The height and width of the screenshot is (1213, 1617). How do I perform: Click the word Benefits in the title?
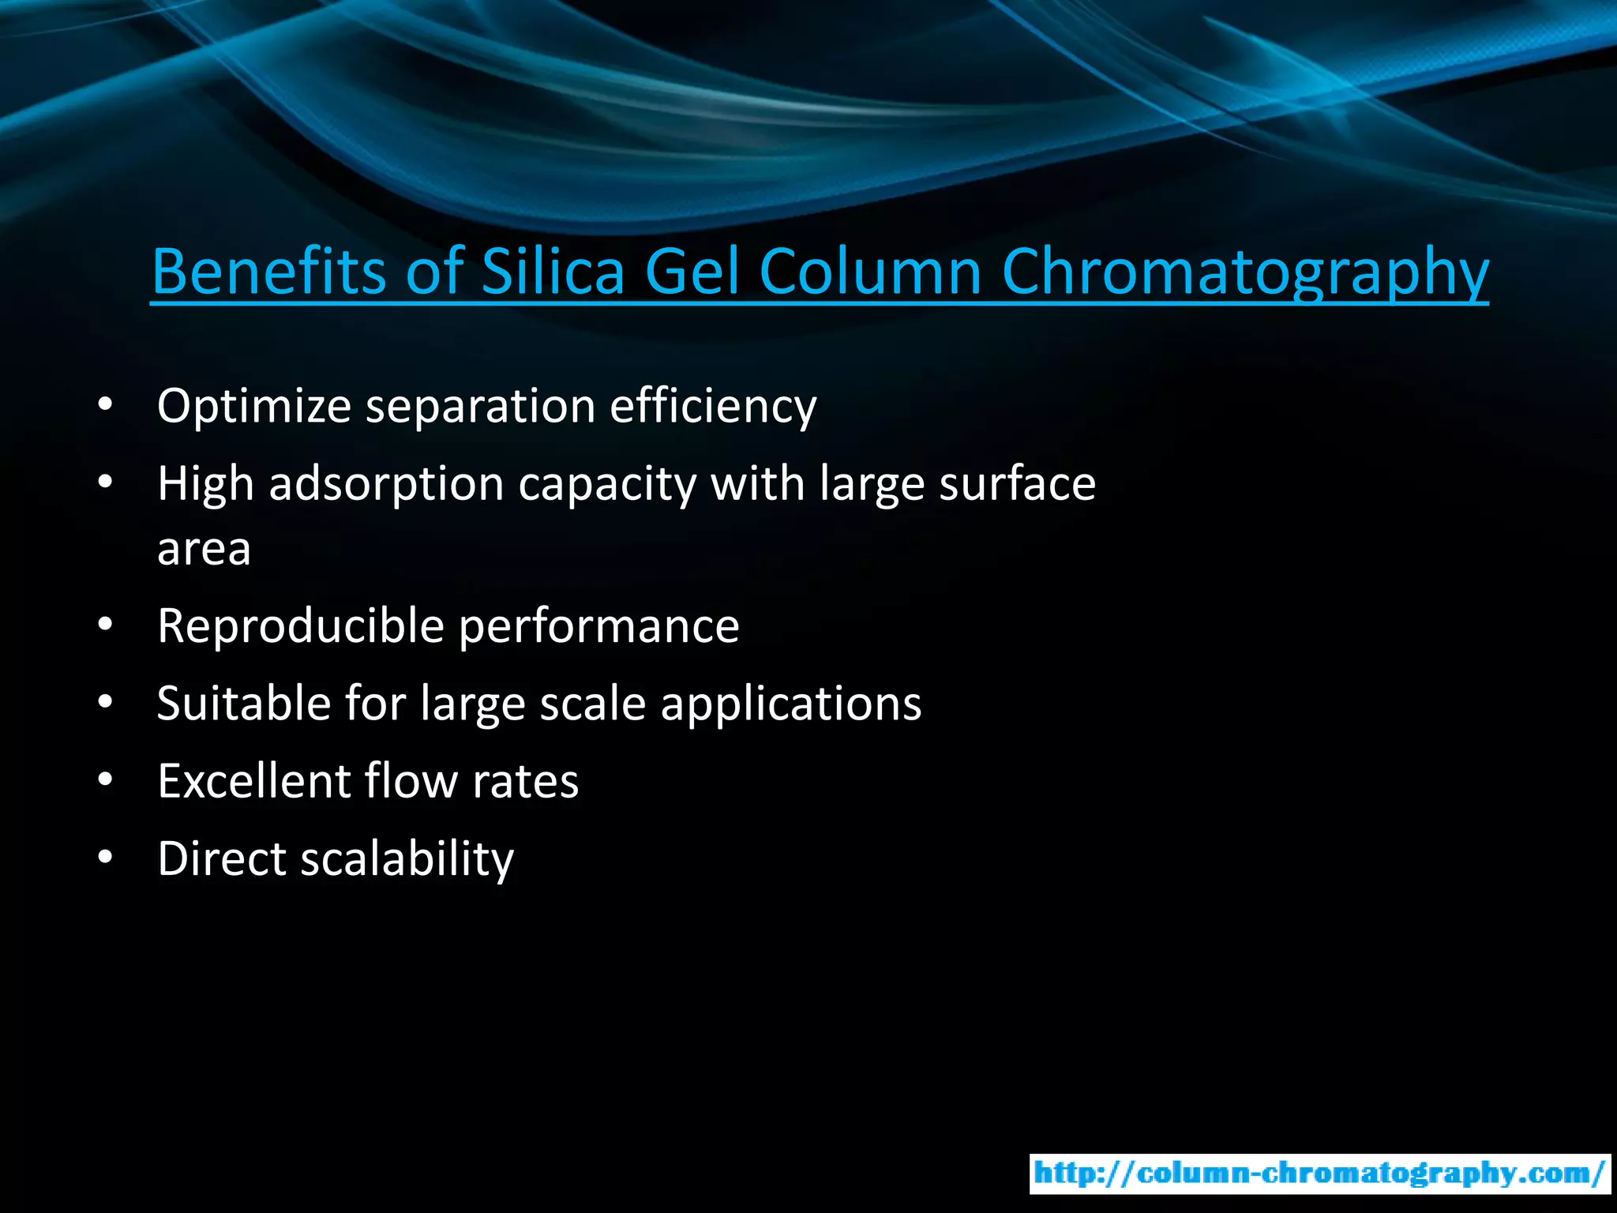coord(268,272)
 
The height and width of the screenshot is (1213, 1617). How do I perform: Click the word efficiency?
coord(713,407)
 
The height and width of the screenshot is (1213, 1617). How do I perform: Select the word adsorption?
coord(386,485)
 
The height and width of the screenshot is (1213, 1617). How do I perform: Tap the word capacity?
coord(607,485)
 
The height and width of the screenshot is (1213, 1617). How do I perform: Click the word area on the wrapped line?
coord(204,550)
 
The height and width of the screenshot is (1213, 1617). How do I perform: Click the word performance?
coord(599,626)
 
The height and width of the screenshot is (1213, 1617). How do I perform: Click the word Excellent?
coord(253,782)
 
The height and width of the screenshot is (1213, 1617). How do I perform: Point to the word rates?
coord(525,782)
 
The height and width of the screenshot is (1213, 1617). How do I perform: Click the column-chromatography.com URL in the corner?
coord(1319,1174)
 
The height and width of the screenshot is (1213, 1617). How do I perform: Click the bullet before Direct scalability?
coord(106,858)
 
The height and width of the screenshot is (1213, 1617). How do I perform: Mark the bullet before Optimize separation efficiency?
coord(106,406)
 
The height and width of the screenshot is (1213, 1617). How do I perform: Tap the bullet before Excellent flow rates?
coord(106,780)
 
